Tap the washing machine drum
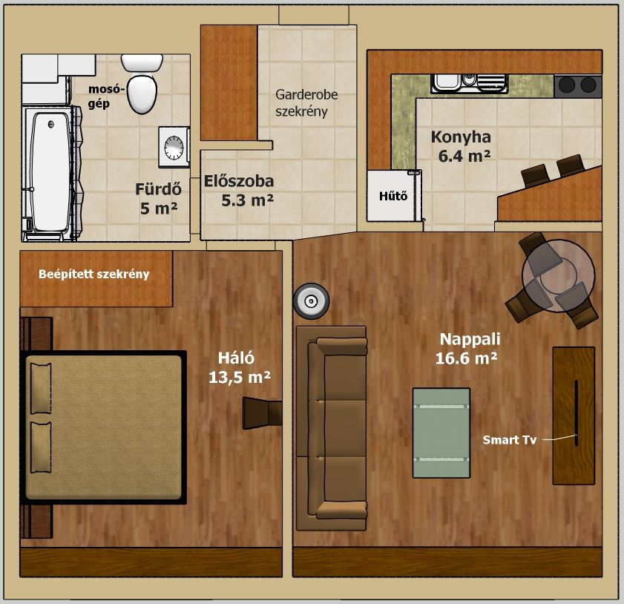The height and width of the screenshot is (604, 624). click(174, 147)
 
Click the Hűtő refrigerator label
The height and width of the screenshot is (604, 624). click(393, 196)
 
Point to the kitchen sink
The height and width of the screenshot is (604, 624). click(469, 83)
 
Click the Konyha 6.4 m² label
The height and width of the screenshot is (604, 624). click(462, 146)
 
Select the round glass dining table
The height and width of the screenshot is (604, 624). click(559, 275)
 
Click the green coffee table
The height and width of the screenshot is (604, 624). click(441, 433)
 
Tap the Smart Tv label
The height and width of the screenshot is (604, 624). click(510, 440)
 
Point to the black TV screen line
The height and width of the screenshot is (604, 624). click(576, 413)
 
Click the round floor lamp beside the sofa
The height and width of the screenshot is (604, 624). click(311, 301)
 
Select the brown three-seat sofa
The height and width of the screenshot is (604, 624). click(332, 429)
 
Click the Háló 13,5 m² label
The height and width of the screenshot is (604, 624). click(240, 367)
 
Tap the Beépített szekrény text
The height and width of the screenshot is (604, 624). click(94, 274)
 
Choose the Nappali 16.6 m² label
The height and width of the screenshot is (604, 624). click(467, 349)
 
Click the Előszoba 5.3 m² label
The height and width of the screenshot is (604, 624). click(239, 191)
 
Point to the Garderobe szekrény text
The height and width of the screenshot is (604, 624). click(306, 103)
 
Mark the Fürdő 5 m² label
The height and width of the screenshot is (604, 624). click(158, 199)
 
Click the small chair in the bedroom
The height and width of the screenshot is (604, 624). click(262, 413)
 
